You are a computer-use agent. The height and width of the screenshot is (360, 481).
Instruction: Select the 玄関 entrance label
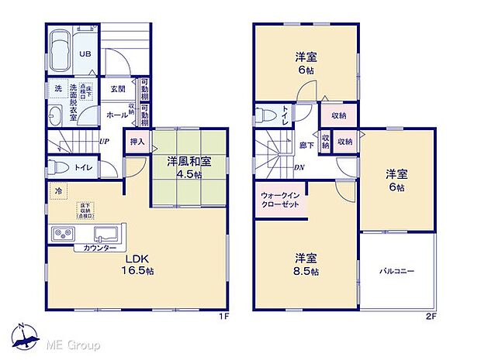118,89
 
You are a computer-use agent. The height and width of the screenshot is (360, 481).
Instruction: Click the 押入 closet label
138,142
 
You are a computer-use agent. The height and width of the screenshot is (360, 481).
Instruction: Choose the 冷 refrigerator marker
57,189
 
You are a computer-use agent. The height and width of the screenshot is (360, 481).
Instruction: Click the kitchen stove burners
63,234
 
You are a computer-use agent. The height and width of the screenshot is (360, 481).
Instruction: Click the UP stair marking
104,142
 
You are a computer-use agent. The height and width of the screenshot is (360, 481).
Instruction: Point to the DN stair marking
299,166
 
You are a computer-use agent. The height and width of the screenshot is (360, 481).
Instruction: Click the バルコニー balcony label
396,272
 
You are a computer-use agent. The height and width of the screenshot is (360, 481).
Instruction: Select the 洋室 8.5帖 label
304,263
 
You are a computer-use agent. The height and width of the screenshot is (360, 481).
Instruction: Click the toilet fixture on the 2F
266,117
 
